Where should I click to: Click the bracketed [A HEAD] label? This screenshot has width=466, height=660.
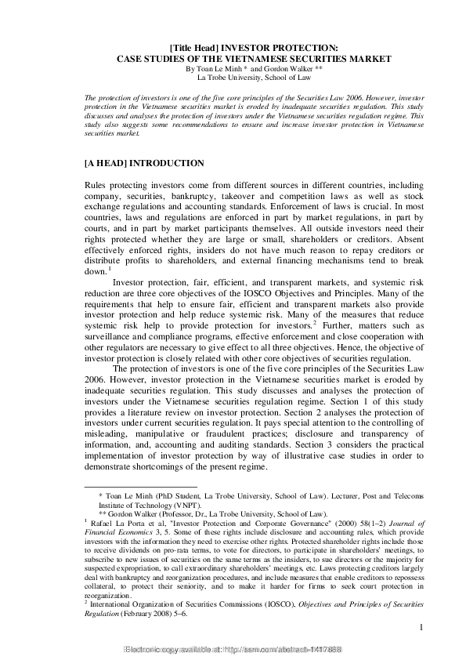tap(104, 164)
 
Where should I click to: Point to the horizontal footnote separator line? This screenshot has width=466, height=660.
tap(129, 487)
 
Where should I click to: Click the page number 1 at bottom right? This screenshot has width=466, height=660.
tap(421, 627)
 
